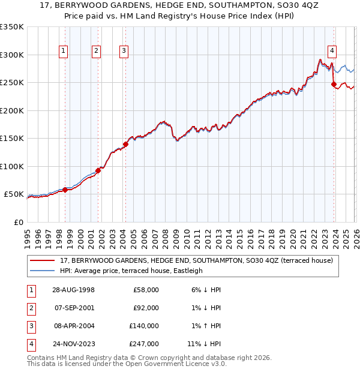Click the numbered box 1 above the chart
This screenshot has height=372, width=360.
(64, 52)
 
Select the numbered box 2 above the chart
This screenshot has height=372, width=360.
(96, 52)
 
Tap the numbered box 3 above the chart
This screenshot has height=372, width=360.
(124, 52)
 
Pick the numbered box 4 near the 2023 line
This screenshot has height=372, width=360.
(332, 52)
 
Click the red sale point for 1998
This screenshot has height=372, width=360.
(65, 190)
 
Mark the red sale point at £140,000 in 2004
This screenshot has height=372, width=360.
(125, 144)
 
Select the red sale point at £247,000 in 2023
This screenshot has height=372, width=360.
(334, 85)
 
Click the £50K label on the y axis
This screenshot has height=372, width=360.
(14, 194)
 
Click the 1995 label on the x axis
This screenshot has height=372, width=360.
(28, 237)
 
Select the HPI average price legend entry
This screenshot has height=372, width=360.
(131, 271)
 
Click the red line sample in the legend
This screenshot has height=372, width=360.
(42, 260)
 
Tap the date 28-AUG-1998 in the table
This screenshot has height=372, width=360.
(73, 290)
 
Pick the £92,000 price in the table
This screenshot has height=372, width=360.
(146, 308)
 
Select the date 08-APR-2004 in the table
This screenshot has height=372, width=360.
(73, 326)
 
